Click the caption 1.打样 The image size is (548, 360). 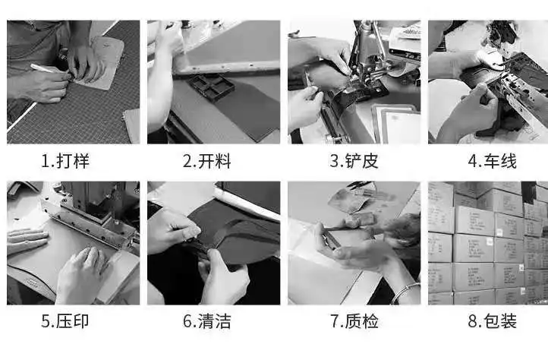pyautogui.click(x=65, y=161)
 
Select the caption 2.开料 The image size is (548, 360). pyautogui.click(x=207, y=161)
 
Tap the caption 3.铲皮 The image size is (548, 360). pyautogui.click(x=354, y=161)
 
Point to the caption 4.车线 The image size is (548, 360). pyautogui.click(x=492, y=161)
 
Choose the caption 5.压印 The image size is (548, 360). pyautogui.click(x=65, y=321)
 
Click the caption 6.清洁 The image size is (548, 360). pyautogui.click(x=207, y=321)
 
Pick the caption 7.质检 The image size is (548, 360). pyautogui.click(x=354, y=321)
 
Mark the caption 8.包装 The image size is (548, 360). pyautogui.click(x=492, y=321)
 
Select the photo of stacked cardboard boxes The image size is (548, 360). pyautogui.click(x=488, y=243)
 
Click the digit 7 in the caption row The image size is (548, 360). pyautogui.click(x=335, y=321)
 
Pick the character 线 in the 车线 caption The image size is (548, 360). pyautogui.click(x=509, y=161)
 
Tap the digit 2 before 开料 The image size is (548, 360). pyautogui.click(x=187, y=162)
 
